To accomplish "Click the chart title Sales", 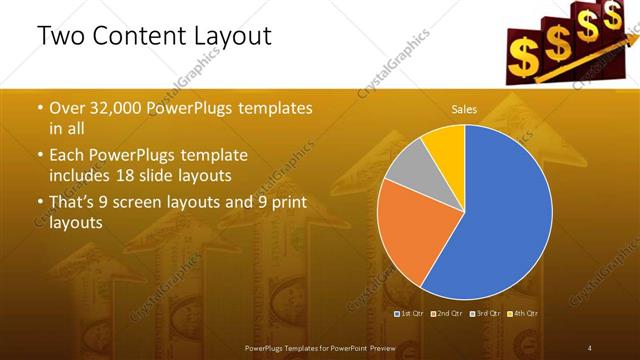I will click(x=464, y=108).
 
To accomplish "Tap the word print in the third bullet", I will click(x=290, y=205).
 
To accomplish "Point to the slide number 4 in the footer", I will click(x=589, y=347).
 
